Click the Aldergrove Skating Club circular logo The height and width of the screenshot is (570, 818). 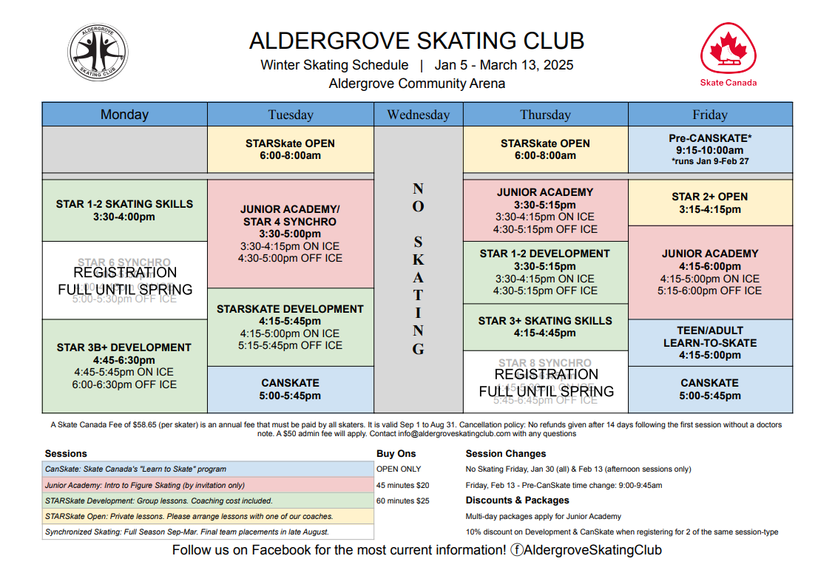(x=98, y=52)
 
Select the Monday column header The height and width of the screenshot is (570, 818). (x=124, y=115)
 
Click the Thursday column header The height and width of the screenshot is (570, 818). (x=545, y=115)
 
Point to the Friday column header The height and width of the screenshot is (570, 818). (x=709, y=115)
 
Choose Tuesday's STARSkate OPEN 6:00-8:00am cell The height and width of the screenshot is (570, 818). (x=291, y=149)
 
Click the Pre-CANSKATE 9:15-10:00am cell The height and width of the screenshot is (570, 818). (x=710, y=149)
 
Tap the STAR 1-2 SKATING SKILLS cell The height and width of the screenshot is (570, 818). (x=124, y=210)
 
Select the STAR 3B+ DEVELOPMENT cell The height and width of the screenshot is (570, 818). (x=124, y=365)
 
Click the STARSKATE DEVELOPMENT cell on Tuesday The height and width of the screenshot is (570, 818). (x=291, y=326)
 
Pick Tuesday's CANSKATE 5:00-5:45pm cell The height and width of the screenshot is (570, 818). (x=291, y=389)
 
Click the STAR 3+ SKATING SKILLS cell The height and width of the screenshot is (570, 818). (x=545, y=327)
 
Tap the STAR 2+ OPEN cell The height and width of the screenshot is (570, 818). (x=710, y=203)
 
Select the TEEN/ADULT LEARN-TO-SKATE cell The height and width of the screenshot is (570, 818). (x=710, y=342)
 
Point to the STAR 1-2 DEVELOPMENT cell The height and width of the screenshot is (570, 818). (x=545, y=271)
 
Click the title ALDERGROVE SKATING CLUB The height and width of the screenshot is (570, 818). (x=416, y=41)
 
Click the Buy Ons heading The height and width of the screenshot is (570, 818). (x=396, y=453)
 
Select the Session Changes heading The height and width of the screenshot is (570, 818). (x=506, y=453)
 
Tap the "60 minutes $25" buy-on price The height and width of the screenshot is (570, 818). (x=403, y=501)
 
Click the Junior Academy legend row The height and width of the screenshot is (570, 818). (x=208, y=485)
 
